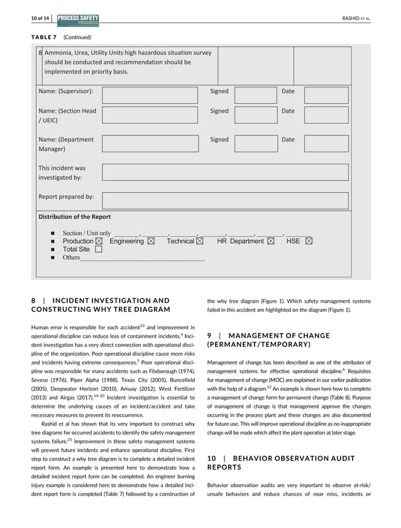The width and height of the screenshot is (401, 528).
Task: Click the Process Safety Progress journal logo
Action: [x=78, y=20]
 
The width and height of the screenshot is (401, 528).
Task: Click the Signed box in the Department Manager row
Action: [x=255, y=143]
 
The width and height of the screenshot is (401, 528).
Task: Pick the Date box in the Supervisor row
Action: [x=326, y=95]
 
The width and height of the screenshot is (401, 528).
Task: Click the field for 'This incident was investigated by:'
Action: [x=224, y=172]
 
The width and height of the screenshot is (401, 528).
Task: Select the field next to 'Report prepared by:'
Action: [x=224, y=200]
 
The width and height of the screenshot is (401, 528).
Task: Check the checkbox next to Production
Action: [x=99, y=241]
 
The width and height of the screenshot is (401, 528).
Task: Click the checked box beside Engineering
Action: [x=151, y=241]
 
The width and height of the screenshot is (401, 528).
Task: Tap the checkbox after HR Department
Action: [x=270, y=241]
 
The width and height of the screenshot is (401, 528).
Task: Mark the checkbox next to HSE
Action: [x=309, y=241]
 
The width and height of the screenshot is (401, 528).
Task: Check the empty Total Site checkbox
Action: [x=98, y=249]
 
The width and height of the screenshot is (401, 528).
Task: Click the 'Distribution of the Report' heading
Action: [x=75, y=216]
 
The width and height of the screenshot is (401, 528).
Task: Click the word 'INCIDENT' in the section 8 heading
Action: [x=75, y=300]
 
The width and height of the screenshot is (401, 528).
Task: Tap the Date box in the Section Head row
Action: [x=326, y=115]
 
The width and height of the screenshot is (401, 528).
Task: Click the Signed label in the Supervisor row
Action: [x=219, y=91]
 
